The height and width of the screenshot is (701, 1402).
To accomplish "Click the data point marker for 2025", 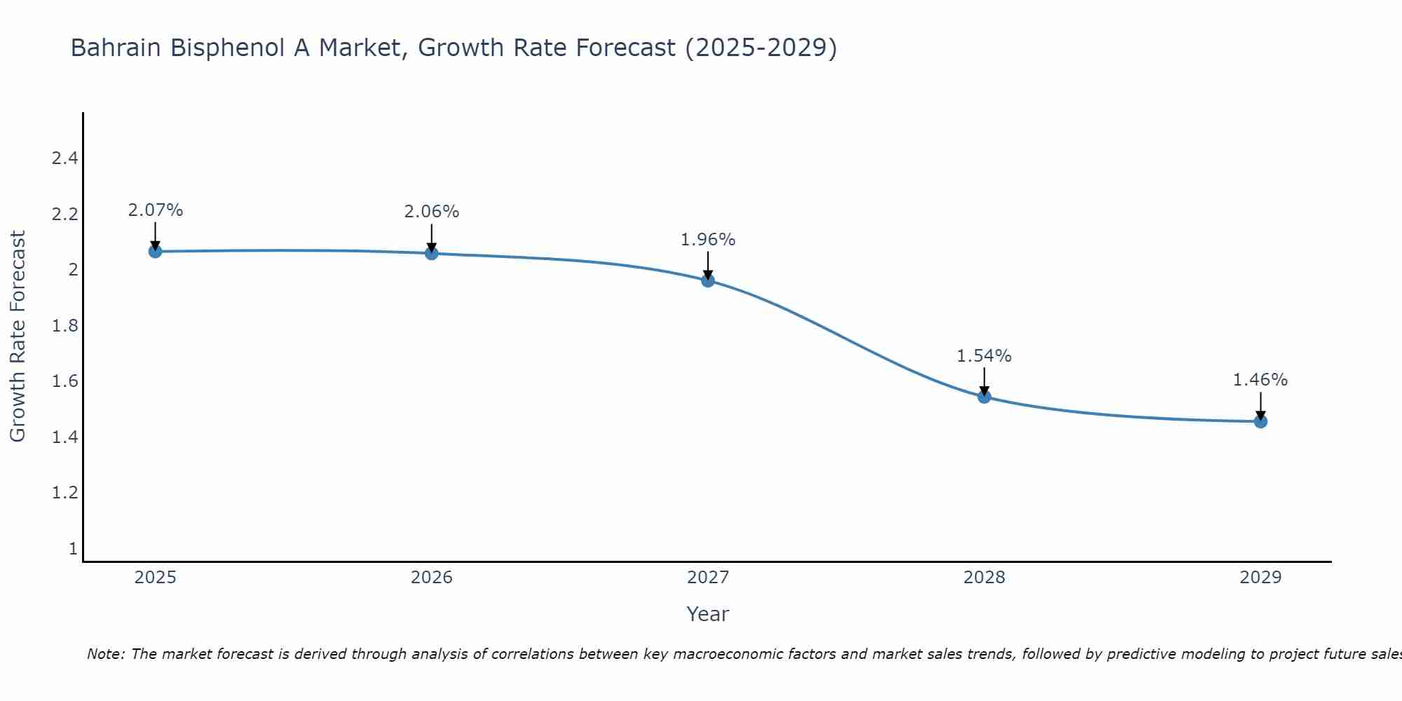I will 155,251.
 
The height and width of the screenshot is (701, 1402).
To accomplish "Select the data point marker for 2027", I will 708,280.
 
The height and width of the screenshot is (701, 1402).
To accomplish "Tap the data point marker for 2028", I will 984,397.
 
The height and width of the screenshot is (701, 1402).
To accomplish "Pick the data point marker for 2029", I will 1260,421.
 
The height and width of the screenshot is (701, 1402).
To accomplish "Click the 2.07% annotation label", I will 156,210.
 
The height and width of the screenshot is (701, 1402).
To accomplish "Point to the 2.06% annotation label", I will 432,212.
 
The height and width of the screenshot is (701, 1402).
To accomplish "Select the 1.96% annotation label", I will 708,240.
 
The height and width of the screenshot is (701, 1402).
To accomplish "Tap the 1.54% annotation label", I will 984,356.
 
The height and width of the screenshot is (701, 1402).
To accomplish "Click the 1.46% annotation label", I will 1260,380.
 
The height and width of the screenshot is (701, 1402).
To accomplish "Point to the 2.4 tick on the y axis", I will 64,158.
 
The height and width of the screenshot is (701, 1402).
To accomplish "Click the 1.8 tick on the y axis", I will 64,326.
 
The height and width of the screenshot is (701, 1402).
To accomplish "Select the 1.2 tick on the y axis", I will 64,493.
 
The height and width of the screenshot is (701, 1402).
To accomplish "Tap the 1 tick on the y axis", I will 73,549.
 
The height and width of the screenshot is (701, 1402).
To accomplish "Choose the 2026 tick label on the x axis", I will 432,578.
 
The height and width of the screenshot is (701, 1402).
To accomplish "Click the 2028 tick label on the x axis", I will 984,578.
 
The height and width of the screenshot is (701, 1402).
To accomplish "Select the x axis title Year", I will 708,614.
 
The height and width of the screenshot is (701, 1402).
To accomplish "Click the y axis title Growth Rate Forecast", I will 18,336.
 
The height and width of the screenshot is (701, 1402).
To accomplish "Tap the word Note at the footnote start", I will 104,654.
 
